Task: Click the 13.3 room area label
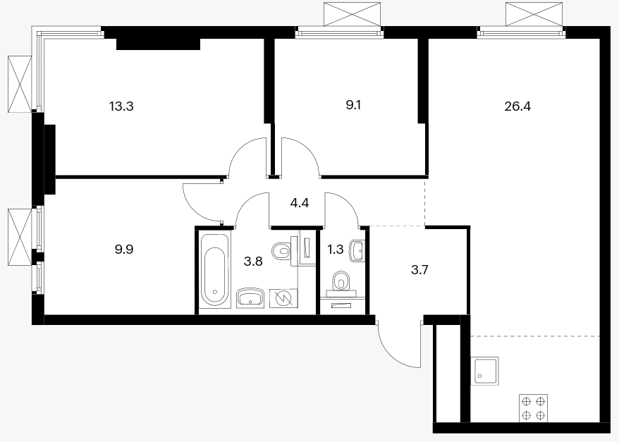[x=121, y=106]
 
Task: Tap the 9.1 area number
[x=353, y=105]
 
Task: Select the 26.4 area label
[x=517, y=106]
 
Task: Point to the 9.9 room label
[x=124, y=250]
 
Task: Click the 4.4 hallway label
[x=299, y=203]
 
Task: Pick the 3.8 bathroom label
[x=253, y=262]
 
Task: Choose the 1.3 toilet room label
[x=336, y=250]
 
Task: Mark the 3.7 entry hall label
[x=419, y=270]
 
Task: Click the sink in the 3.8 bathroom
[x=250, y=298]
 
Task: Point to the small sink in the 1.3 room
[x=357, y=250]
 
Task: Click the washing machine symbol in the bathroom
[x=283, y=298]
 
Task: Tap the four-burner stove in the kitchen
[x=533, y=408]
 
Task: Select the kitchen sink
[x=485, y=371]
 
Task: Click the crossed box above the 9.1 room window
[x=352, y=14]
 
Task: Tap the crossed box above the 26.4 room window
[x=534, y=14]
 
